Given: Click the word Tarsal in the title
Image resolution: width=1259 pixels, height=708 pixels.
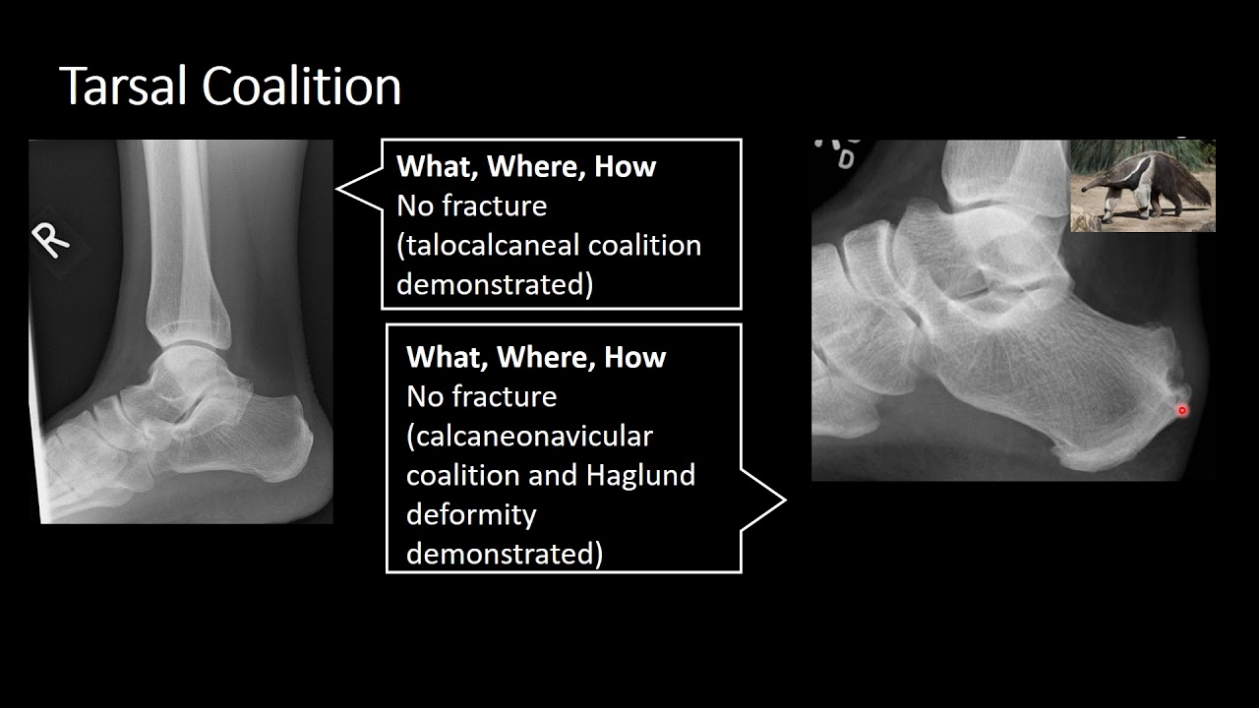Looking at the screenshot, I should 125,87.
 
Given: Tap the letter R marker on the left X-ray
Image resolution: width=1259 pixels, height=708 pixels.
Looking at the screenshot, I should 51,239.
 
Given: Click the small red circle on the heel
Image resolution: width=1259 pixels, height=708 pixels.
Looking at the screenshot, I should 1182,410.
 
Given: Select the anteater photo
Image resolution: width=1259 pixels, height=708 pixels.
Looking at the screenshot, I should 1142,186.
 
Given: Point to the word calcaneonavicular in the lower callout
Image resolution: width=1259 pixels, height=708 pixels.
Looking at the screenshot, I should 529,435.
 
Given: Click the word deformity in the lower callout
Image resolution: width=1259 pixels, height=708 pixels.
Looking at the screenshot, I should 470,514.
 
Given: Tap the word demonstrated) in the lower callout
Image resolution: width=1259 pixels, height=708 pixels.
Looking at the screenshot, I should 504,554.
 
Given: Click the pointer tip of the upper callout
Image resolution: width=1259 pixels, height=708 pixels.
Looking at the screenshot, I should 337,189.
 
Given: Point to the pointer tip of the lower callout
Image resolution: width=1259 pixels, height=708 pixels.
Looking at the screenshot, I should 785,501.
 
